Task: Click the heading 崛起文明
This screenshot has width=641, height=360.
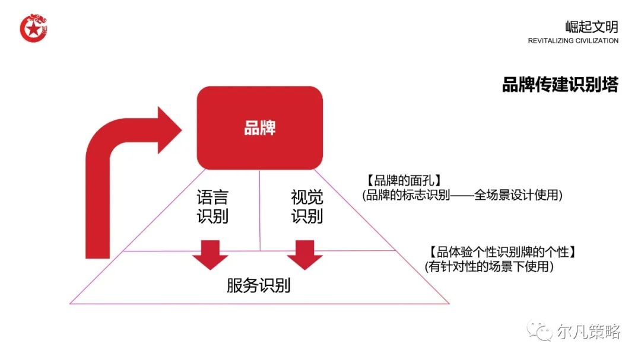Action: point(591,27)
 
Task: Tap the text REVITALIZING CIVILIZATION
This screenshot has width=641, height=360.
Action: point(573,41)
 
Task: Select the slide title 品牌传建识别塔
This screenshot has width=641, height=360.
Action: point(560,85)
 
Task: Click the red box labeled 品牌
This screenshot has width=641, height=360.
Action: point(259,128)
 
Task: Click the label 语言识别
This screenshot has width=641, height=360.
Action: point(212,206)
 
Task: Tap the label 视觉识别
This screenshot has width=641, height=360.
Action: point(307,206)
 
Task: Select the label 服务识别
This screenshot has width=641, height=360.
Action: point(259,286)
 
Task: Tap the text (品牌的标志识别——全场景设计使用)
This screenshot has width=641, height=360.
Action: point(461,195)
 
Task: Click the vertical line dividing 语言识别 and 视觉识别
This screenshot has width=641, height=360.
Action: point(260,211)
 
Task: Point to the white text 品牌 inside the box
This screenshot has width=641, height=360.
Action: point(259,128)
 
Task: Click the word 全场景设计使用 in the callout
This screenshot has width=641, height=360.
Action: point(517,195)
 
